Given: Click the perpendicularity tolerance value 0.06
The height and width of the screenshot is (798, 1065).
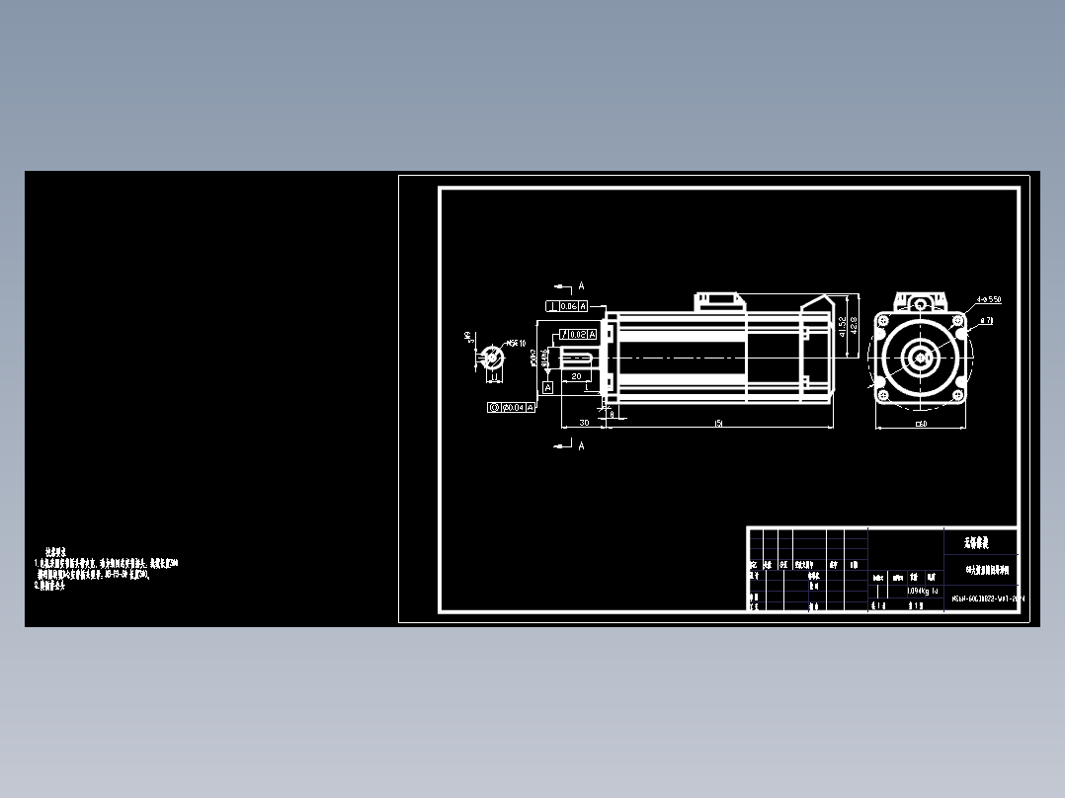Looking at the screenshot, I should tap(569, 306).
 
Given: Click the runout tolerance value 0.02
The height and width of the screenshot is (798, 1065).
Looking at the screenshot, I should tap(578, 335).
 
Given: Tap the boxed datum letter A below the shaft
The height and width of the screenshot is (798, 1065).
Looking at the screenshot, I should tap(547, 388).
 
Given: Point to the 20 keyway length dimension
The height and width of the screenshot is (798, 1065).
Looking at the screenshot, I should tap(576, 376).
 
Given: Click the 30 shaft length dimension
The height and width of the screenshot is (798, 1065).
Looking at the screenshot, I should tap(584, 423).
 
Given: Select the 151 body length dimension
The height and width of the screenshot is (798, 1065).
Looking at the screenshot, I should tap(718, 423).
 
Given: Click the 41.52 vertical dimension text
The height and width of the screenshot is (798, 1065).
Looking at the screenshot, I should tap(841, 326).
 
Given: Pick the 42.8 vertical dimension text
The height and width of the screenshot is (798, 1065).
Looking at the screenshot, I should tap(853, 326).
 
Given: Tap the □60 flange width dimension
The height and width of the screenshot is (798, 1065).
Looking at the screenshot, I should tap(921, 424).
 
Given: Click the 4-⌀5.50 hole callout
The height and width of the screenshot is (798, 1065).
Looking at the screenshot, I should tap(988, 299).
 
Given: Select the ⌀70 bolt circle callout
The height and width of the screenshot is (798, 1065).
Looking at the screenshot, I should tap(987, 322).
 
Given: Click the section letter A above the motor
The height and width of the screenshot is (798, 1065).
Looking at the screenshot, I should tap(581, 286).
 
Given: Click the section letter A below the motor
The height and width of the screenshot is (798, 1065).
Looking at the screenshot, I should tap(581, 445).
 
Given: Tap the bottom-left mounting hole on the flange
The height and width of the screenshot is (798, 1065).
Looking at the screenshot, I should tap(883, 395).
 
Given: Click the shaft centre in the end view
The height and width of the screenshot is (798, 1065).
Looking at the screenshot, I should tap(920, 358).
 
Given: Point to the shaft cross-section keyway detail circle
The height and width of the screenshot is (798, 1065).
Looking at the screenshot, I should tap(491, 359).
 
